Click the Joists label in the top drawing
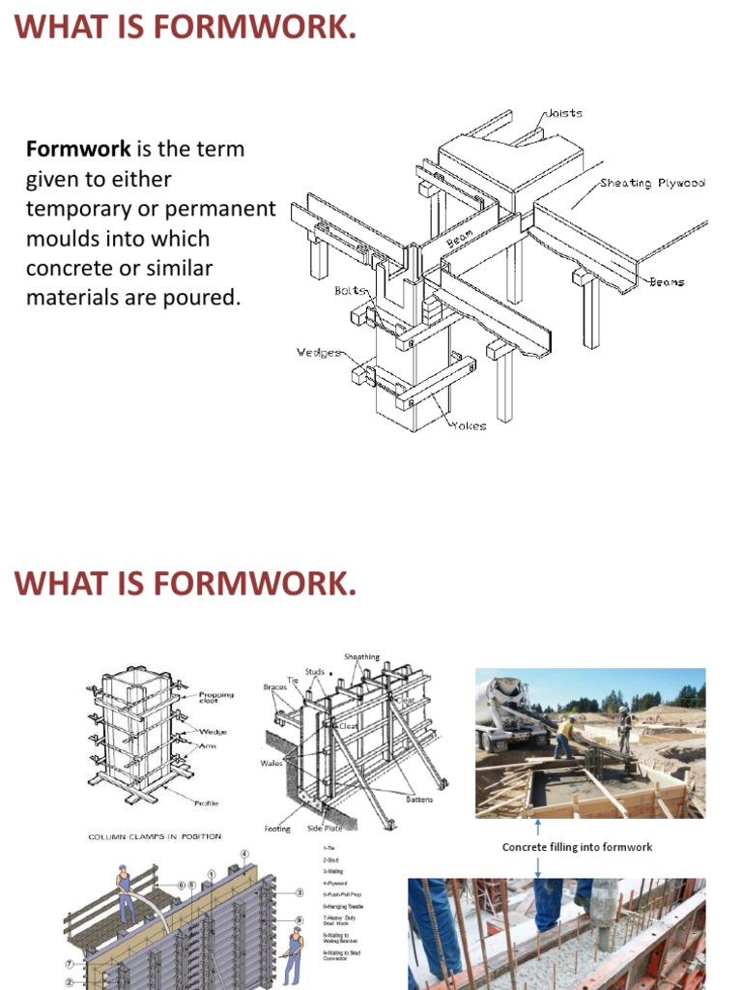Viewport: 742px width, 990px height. tap(563, 113)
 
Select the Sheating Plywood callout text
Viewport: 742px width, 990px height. tap(652, 183)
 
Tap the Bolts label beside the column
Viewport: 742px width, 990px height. tap(350, 290)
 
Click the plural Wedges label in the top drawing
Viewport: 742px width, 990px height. tap(319, 352)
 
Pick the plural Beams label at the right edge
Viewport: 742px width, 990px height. tap(667, 282)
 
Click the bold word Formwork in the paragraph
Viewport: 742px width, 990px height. tap(78, 150)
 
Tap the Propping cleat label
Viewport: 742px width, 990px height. tap(215, 697)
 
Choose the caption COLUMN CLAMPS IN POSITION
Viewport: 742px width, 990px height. tap(155, 835)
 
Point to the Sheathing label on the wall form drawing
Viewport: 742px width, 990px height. tap(362, 657)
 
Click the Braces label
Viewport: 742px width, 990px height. tap(275, 687)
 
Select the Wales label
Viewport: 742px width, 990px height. tap(271, 763)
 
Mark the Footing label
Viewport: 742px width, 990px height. tap(277, 829)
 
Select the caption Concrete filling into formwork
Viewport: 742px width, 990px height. tap(577, 847)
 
